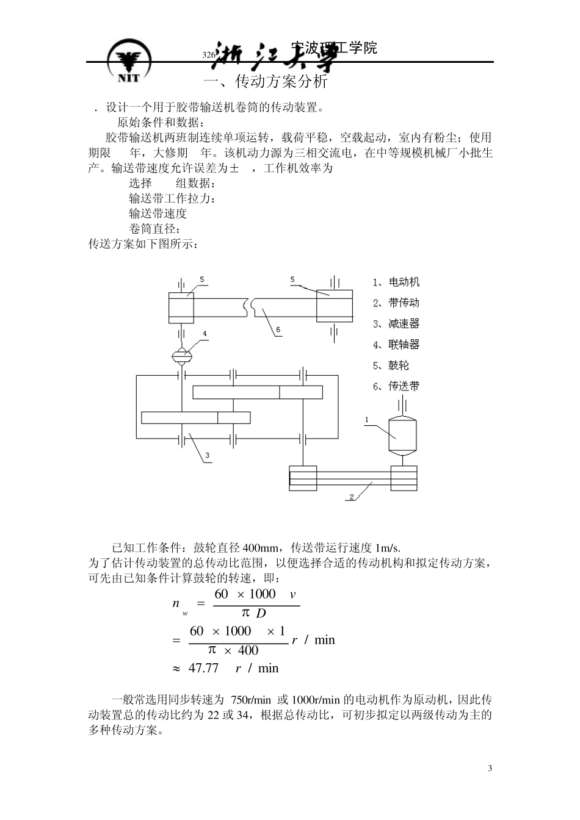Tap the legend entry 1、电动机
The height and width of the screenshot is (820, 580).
(396, 282)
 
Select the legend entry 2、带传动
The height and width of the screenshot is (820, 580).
(396, 303)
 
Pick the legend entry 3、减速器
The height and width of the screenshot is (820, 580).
(396, 324)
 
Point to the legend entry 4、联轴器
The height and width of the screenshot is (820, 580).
(396, 345)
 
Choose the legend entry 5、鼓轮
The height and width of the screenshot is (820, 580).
(391, 365)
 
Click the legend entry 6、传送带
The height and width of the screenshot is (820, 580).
(396, 386)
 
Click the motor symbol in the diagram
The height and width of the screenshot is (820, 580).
(403, 434)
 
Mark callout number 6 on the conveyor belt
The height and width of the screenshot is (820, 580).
(278, 330)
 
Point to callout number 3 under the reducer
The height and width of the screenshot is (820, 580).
(208, 455)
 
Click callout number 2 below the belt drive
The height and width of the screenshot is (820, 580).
(352, 497)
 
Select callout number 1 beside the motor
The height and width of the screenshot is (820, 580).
(366, 420)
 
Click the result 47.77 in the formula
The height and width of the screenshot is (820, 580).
(203, 668)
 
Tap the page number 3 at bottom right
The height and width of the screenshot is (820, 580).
(490, 768)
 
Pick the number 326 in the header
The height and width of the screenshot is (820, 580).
(208, 55)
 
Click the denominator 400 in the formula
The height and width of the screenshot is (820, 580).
(248, 650)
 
